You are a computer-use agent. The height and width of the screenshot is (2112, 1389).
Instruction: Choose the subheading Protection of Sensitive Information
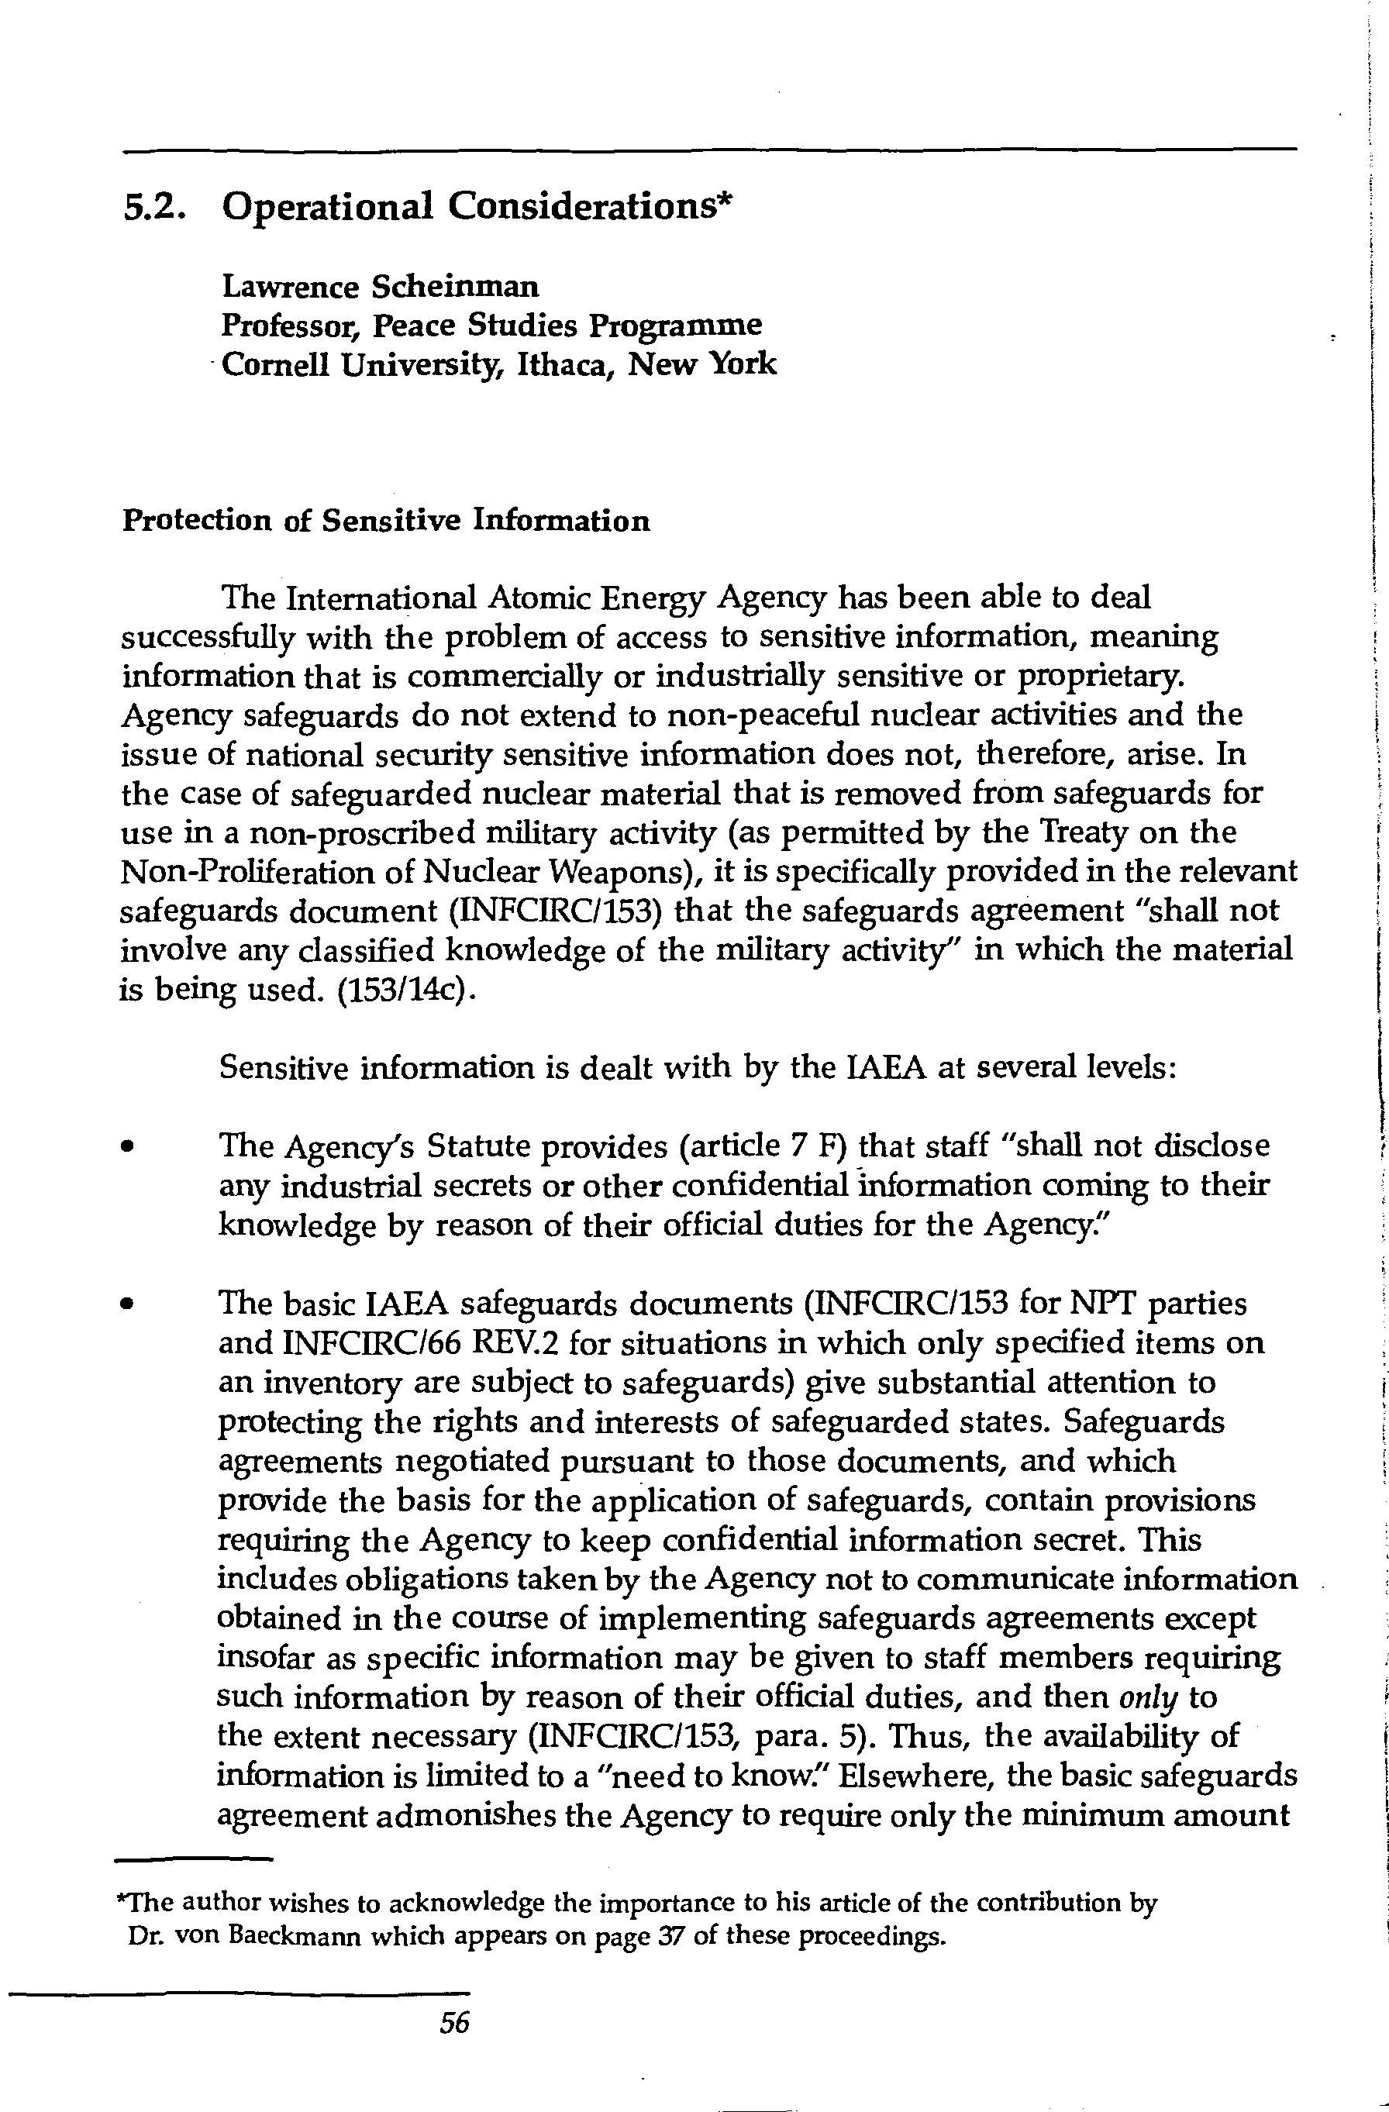(385, 521)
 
